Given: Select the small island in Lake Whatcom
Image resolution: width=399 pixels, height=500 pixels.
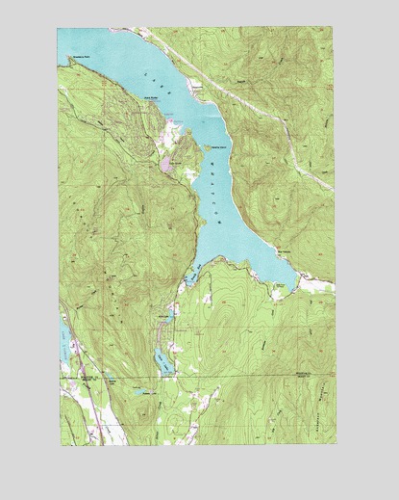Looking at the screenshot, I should click(x=207, y=146).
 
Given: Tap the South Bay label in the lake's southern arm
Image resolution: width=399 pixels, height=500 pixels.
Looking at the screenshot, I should click(x=191, y=279).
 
